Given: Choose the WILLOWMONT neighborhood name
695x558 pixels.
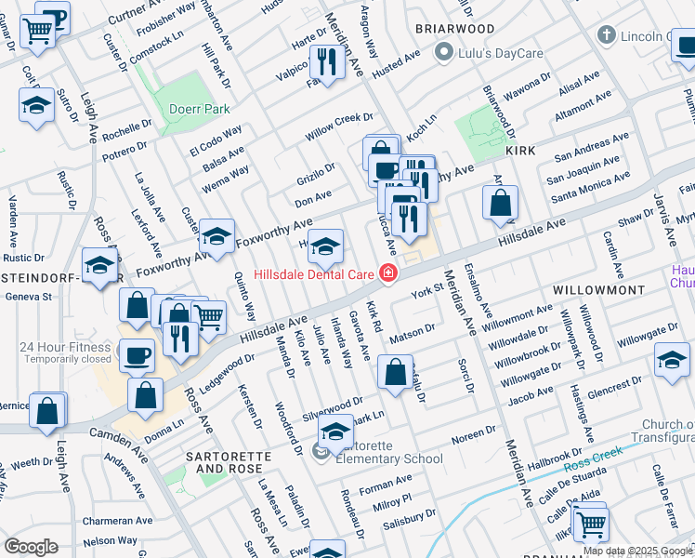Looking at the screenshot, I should [598, 290].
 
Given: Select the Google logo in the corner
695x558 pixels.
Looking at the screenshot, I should [32, 547].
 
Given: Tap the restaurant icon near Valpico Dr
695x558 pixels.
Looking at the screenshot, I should [325, 62].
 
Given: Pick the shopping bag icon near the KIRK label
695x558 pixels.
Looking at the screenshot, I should [500, 201].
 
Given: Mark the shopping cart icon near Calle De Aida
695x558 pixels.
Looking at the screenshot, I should [591, 525].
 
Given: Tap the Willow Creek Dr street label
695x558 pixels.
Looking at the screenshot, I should [340, 126].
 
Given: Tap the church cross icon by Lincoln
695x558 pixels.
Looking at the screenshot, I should [607, 36].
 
